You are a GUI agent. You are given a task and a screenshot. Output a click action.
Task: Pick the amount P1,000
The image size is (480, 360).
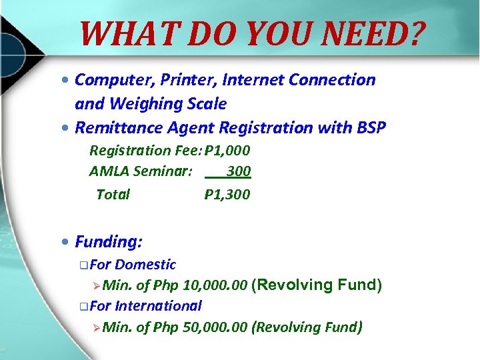coord(227,150)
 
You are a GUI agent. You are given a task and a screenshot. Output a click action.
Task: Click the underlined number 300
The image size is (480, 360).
coord(238,171)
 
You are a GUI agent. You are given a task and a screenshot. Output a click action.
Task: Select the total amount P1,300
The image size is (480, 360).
coord(227,195)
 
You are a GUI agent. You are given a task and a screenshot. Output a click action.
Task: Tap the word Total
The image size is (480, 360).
coord(113,195)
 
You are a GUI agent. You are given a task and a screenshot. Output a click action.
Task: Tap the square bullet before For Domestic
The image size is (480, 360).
coord(81,265)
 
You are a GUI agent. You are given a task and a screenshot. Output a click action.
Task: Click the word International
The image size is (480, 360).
coord(158,306)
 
